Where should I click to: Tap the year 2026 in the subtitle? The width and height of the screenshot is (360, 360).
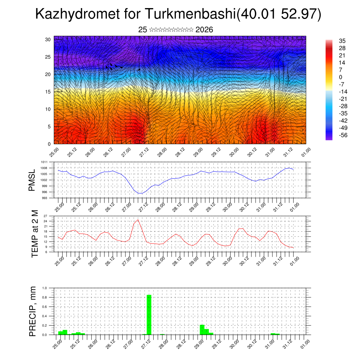click(x=204, y=30)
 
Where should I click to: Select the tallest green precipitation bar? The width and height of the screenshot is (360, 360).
click(x=149, y=315)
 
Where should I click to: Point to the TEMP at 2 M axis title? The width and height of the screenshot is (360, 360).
click(x=34, y=234)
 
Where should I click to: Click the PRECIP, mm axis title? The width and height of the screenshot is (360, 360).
click(x=33, y=311)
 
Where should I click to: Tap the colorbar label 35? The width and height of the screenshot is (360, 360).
click(x=342, y=41)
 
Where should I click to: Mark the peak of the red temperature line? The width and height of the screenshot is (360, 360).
click(x=138, y=220)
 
